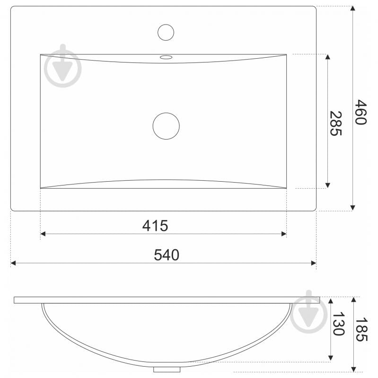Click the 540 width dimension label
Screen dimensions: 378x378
tap(167, 255)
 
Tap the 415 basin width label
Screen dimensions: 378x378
tap(155, 226)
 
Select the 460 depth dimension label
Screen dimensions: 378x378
tap(360, 112)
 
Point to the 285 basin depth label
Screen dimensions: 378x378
tap(335, 123)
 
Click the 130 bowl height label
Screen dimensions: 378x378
tap(338, 324)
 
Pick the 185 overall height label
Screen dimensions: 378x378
tap(361, 330)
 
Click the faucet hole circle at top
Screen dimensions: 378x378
tap(166, 32)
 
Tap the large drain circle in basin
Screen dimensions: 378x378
tap(166, 126)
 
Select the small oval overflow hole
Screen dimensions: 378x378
tap(166, 57)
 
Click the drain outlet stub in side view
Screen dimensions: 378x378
tap(167, 369)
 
